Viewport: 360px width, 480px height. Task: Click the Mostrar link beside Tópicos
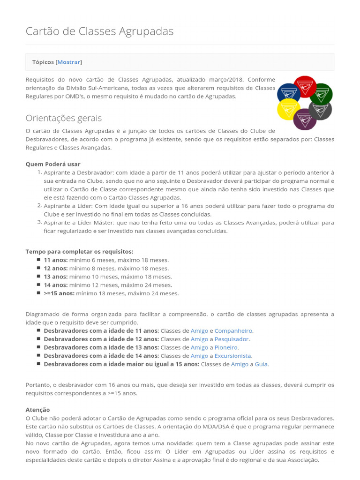[69, 62]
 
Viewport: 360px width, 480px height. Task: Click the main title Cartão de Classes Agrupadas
[99, 31]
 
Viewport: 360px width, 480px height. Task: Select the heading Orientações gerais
[63, 118]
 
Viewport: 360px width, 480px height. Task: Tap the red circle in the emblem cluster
[305, 86]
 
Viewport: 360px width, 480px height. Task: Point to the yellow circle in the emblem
[288, 109]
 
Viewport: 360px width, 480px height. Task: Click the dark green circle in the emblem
[322, 94]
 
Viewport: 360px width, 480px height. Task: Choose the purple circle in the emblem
[305, 119]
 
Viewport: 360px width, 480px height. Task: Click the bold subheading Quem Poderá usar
[53, 164]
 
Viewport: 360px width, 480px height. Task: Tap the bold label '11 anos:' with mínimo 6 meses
[56, 260]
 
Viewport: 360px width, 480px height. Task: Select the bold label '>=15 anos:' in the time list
[59, 293]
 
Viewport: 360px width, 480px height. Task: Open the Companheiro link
[233, 330]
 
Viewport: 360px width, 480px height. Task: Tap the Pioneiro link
[226, 347]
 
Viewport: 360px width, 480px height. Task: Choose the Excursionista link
[233, 356]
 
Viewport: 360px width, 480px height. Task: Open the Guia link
[262, 364]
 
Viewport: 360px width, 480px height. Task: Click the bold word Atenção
[37, 410]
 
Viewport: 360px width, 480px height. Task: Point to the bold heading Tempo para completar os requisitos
[79, 251]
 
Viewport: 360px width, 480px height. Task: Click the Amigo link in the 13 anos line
[199, 347]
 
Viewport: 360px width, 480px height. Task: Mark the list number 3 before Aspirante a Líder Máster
[40, 222]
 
